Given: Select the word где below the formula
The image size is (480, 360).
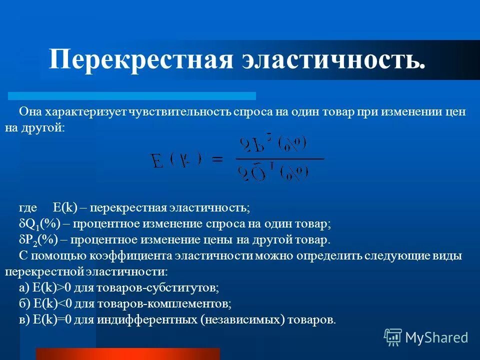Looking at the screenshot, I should click(27, 207).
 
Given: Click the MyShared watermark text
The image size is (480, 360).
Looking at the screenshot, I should click(436, 337).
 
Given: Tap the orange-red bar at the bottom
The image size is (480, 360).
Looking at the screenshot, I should click(127, 354).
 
